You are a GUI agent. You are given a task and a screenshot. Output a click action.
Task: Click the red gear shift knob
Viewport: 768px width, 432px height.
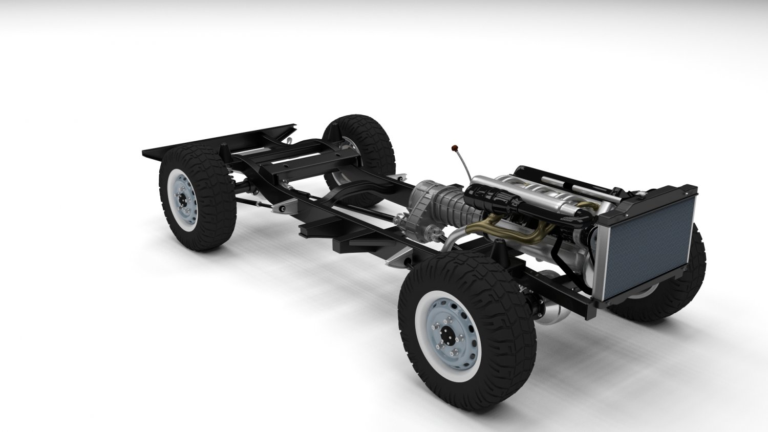point(454,148)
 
